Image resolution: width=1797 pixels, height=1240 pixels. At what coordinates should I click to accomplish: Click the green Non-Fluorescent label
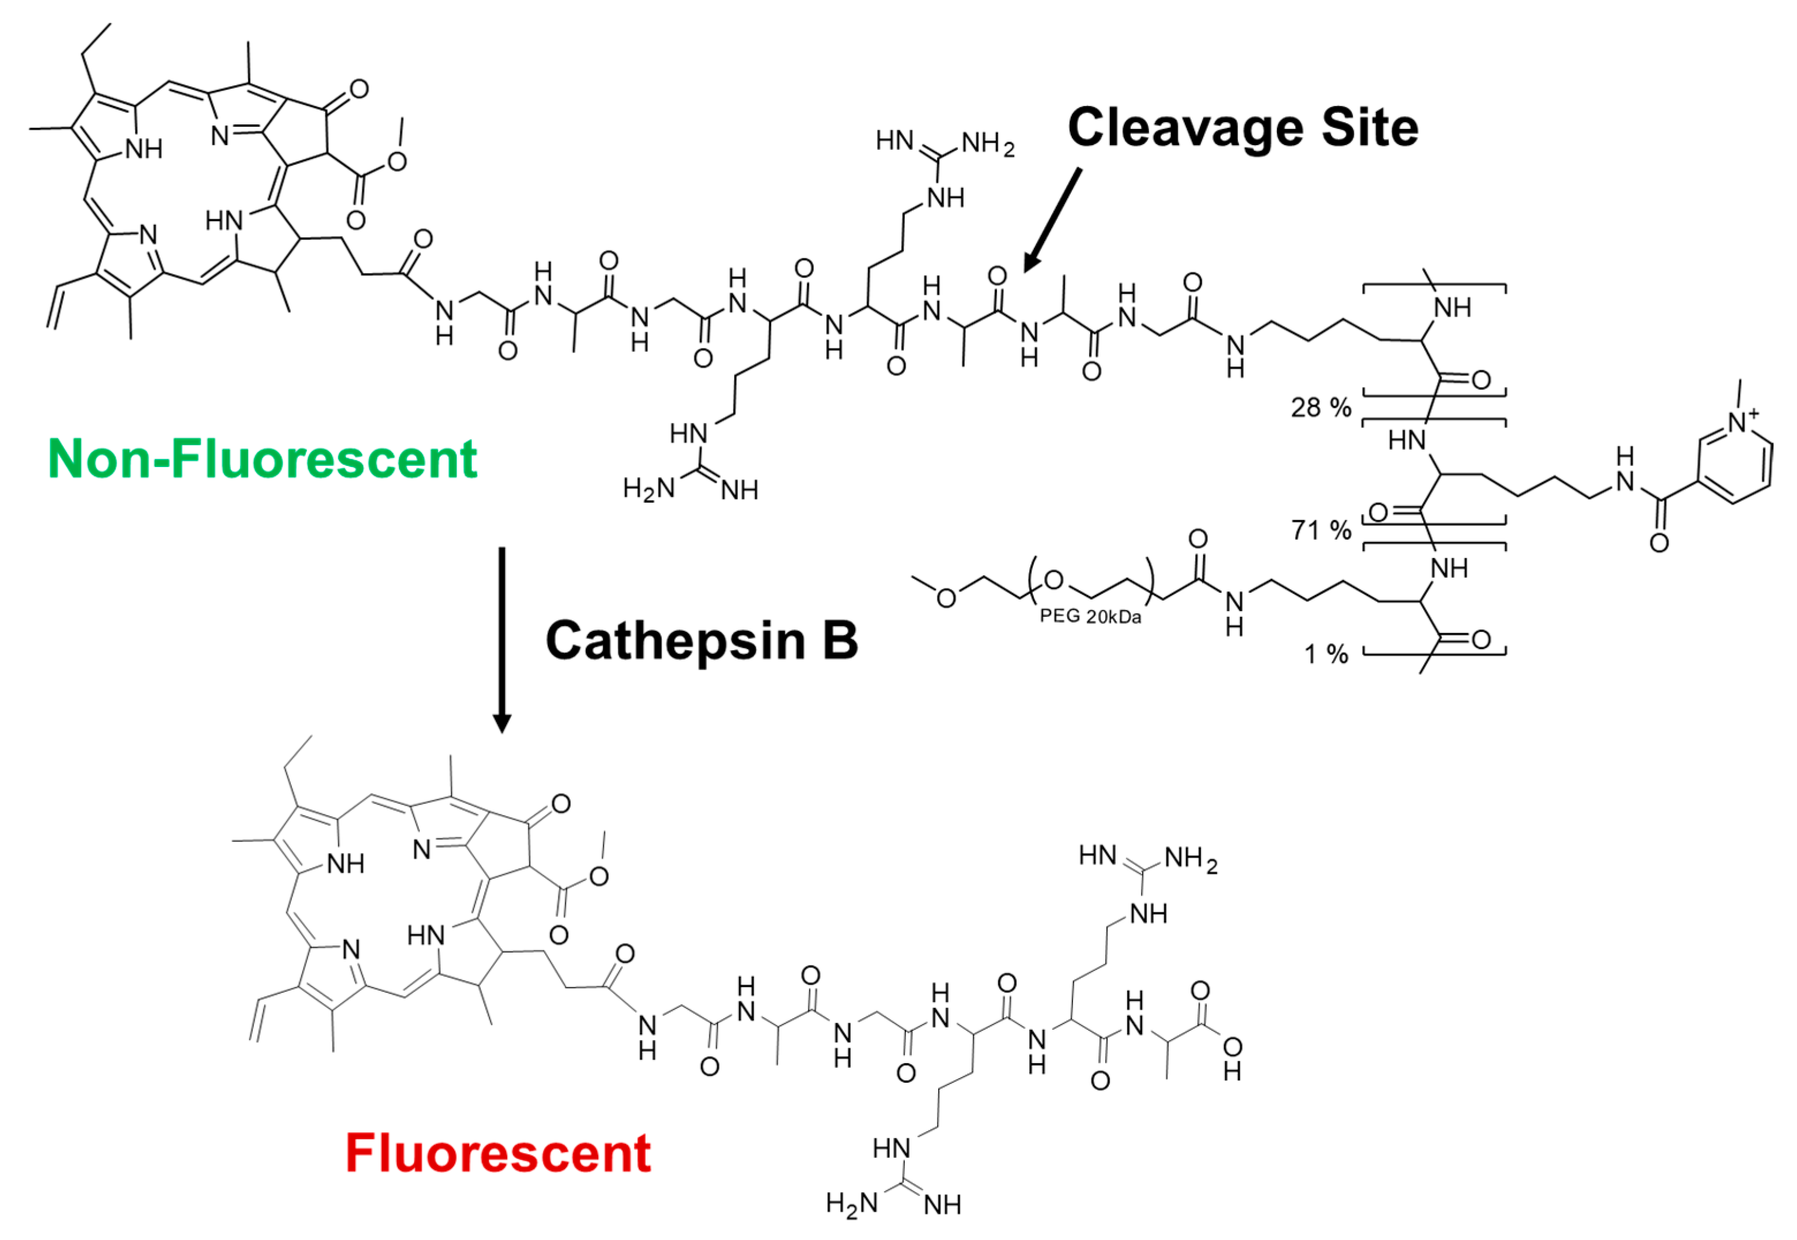click(262, 459)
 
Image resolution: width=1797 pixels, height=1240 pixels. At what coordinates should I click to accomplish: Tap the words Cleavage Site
click(1242, 127)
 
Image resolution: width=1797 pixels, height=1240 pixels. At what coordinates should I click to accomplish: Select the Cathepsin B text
click(702, 641)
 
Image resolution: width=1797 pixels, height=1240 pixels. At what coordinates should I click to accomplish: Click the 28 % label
click(1321, 407)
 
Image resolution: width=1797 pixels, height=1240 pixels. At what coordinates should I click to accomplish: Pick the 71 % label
click(1321, 530)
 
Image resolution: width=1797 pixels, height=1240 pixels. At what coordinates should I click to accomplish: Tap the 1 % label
click(1325, 654)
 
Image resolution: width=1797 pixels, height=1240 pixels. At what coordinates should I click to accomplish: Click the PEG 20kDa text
click(1090, 617)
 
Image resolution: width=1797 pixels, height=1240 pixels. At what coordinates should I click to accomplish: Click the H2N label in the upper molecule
click(649, 489)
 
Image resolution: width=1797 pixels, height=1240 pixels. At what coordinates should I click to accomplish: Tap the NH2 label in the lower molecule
click(1191, 860)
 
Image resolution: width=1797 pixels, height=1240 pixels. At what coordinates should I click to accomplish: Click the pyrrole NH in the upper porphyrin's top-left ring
click(144, 149)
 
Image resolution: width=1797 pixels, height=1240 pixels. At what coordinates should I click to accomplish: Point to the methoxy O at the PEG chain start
click(946, 597)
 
